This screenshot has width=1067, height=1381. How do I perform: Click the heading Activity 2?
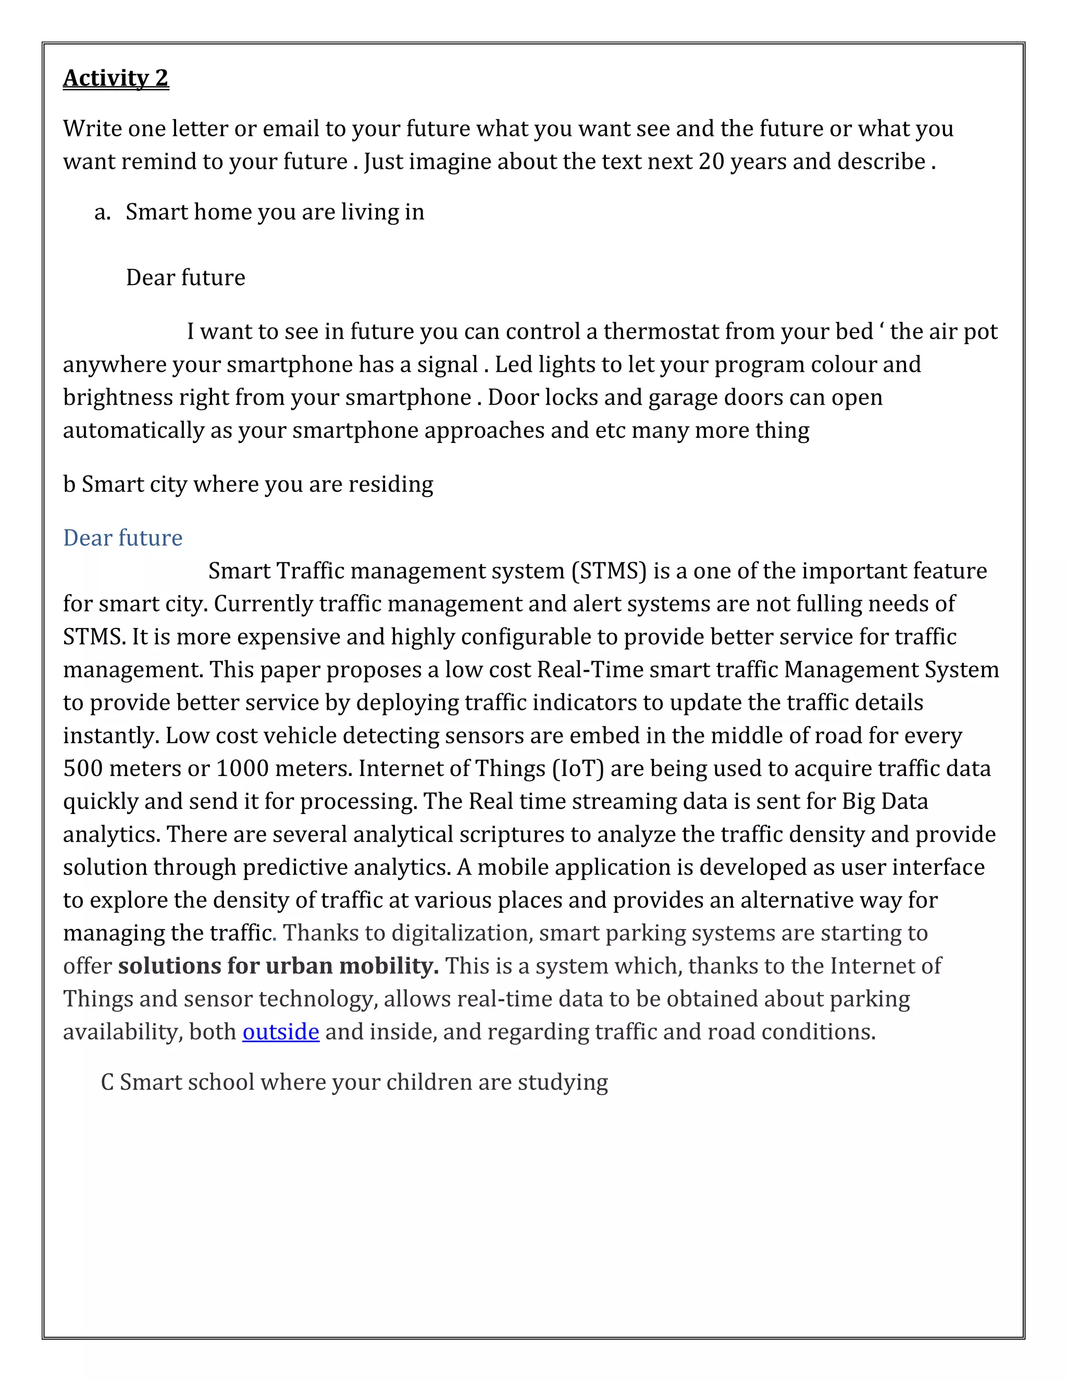116,78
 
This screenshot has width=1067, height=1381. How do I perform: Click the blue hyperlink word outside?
281,1031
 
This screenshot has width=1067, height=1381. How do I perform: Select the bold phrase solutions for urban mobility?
278,966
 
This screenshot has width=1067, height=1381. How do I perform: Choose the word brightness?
118,397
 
